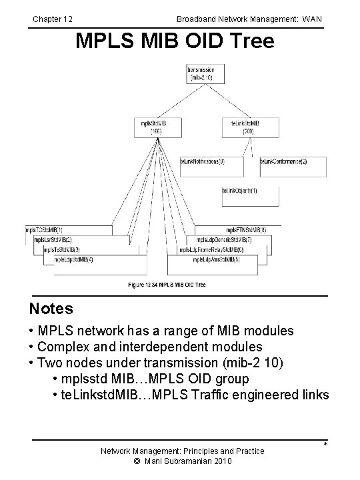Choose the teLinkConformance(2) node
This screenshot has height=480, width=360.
(283, 161)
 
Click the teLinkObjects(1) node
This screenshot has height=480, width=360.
(240, 191)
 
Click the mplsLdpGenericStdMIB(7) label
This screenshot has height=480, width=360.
(223, 239)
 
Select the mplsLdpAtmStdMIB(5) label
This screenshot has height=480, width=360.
(216, 259)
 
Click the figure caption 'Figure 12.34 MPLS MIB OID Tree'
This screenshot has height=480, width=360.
(167, 285)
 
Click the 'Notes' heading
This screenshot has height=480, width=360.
(51, 309)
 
